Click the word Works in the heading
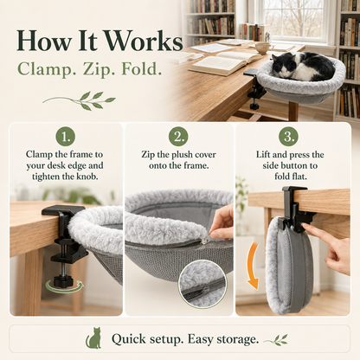pos(144,42)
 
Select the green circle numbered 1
pos(65,137)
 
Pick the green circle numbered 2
pos(178,137)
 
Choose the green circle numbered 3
pos(289,137)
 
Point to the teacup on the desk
pos(263,48)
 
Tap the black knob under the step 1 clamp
pos(62,280)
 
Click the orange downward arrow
pos(253,266)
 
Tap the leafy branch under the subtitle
pos(80,100)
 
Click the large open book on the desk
pos(225,62)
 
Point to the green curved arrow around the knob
pos(65,286)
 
